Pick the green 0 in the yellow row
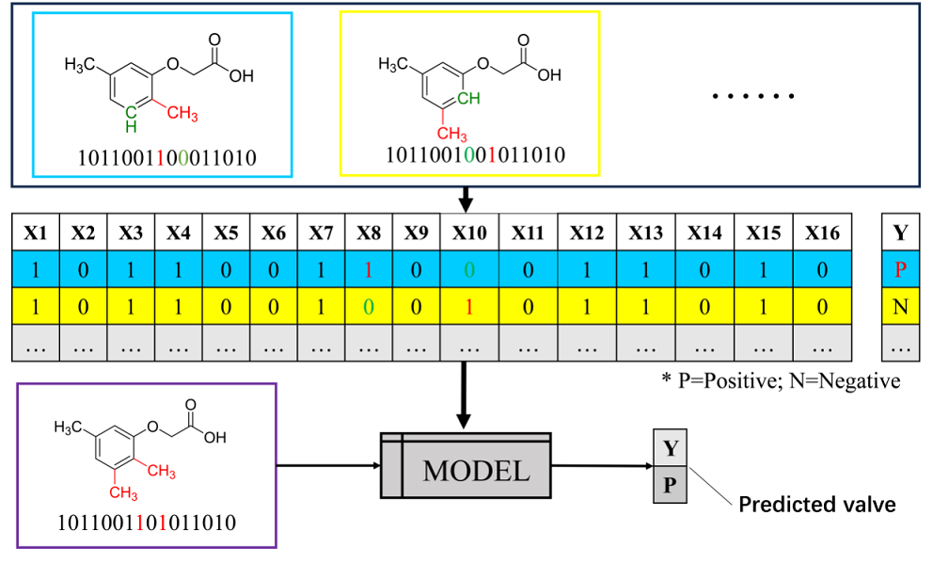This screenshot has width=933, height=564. click(369, 307)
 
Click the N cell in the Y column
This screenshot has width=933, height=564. click(900, 307)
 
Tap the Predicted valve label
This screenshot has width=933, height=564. click(816, 505)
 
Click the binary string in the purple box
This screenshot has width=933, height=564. click(148, 520)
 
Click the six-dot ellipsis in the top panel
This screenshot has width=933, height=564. click(753, 97)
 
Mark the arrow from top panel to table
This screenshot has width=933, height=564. click(464, 199)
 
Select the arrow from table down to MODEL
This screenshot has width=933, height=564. click(464, 395)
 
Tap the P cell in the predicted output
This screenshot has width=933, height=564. click(671, 487)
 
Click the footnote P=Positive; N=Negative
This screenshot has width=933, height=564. click(781, 381)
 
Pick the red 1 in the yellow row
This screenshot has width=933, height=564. click(469, 307)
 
